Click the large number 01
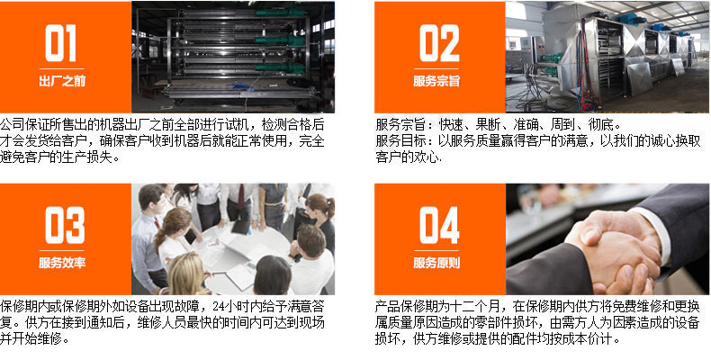click(x=61, y=43)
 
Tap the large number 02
click(x=439, y=43)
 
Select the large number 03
click(x=65, y=225)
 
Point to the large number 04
click(x=439, y=225)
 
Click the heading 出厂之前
click(x=62, y=82)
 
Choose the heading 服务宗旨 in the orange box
click(x=436, y=82)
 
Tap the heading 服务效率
click(x=62, y=264)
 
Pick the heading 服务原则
click(x=436, y=264)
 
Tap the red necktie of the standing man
click(x=241, y=196)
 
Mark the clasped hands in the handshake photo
click(x=612, y=252)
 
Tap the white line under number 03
click(x=62, y=250)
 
